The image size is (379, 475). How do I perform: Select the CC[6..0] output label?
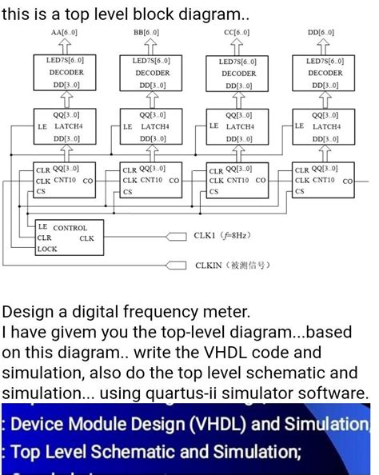tap(237, 33)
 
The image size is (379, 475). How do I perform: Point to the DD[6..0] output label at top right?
tap(322, 33)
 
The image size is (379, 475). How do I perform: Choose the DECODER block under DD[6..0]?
tap(325, 73)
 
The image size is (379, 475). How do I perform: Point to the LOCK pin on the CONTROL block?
tap(47, 249)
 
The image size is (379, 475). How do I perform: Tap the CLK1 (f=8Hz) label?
tap(223, 236)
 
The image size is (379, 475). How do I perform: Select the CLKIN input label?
tap(228, 265)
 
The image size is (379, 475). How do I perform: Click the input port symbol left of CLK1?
tap(178, 236)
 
